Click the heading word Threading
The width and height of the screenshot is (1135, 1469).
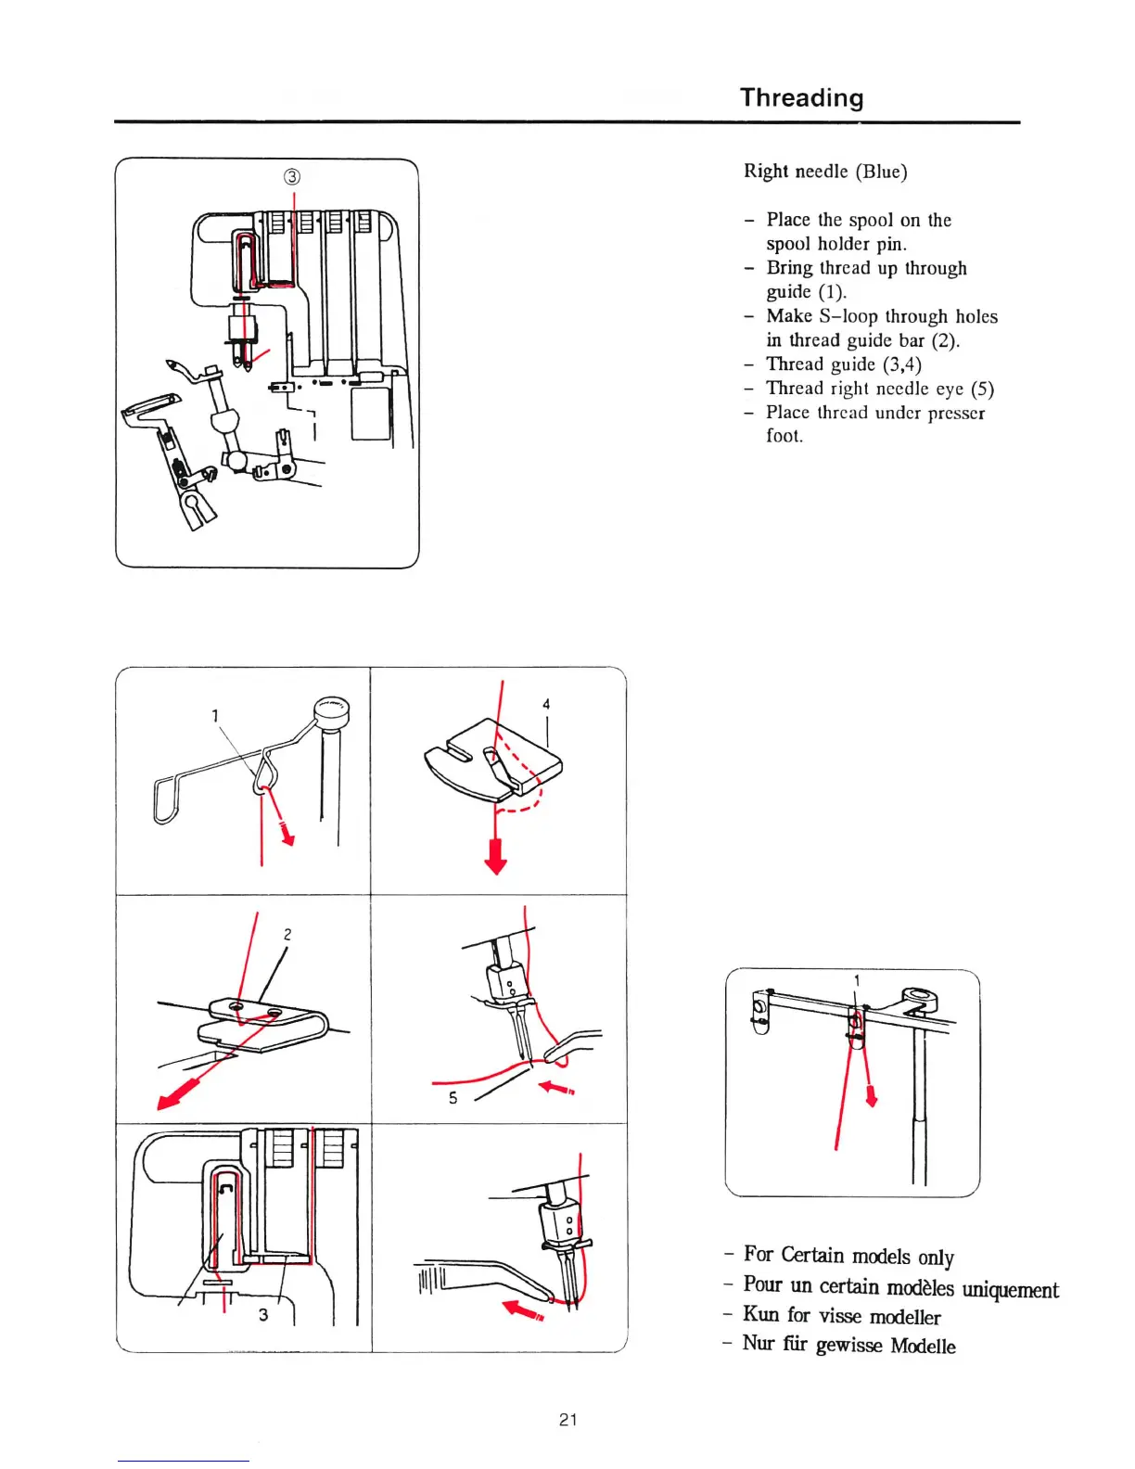(801, 97)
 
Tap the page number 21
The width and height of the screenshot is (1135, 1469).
(568, 1419)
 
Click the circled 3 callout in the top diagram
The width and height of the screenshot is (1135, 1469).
(292, 177)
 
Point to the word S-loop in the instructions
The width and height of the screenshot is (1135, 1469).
(848, 316)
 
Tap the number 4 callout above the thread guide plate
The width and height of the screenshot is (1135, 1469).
(546, 704)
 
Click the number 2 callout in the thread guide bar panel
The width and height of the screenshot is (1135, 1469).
(287, 934)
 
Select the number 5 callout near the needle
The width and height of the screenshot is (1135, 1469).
(453, 1098)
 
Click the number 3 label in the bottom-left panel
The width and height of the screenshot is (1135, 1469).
(263, 1314)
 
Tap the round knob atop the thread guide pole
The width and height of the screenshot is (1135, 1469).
(331, 709)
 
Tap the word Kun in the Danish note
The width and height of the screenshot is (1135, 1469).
(760, 1314)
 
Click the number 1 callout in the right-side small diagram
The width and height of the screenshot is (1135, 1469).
(857, 980)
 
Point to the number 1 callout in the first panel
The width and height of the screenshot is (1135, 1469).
(215, 715)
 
